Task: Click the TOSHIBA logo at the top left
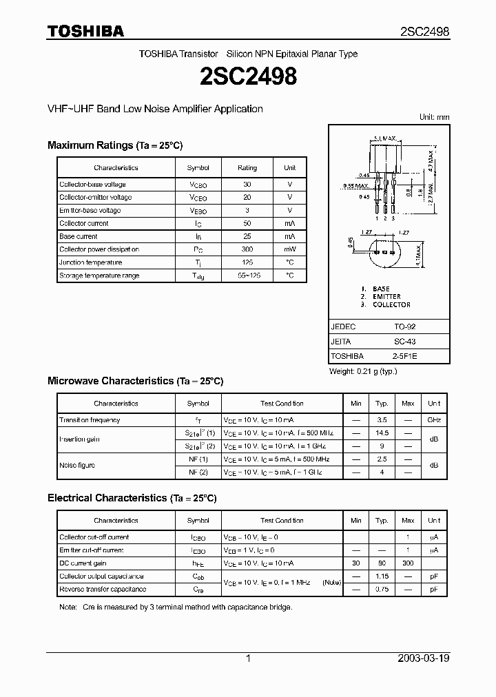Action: click(85, 31)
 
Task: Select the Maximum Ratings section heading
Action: click(114, 145)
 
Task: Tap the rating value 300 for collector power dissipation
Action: click(247, 249)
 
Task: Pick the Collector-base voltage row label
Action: click(92, 185)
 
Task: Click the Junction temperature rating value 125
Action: click(247, 262)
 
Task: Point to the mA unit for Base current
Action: click(289, 236)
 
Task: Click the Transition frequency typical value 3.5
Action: click(382, 419)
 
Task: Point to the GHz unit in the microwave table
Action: click(434, 419)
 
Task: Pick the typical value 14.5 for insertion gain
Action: click(382, 433)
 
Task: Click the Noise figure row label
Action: click(77, 465)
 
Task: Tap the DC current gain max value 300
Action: click(408, 563)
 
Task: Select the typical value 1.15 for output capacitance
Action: click(382, 576)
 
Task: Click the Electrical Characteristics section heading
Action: click(132, 497)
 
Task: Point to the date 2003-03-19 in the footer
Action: click(424, 658)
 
